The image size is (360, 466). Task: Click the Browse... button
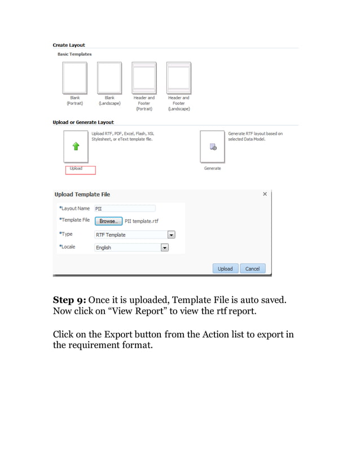(108, 221)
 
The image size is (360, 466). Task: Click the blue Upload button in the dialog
(225, 269)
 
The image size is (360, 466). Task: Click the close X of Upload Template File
(265, 194)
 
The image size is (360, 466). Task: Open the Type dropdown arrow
(172, 235)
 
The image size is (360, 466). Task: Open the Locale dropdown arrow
(165, 247)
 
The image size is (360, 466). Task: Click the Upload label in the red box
(76, 169)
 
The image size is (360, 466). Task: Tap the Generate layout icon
(213, 147)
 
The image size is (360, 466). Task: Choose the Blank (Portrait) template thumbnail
(74, 77)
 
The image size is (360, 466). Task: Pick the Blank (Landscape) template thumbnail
(109, 77)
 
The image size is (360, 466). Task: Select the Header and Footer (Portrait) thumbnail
(144, 77)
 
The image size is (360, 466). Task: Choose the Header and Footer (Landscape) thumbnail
(178, 77)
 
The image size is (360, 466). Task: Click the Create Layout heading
(69, 45)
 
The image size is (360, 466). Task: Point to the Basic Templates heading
(74, 54)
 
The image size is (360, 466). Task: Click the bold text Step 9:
(69, 299)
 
